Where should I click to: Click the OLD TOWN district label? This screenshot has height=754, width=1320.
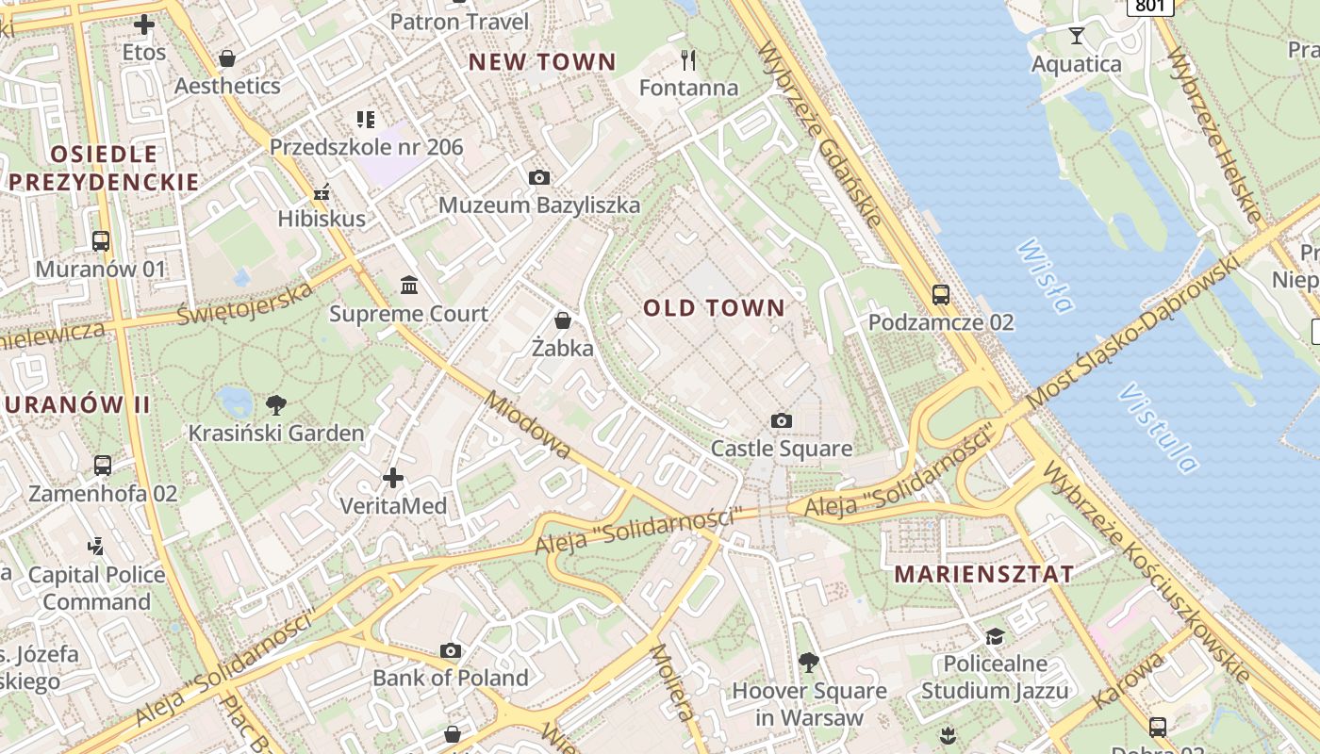pos(714,307)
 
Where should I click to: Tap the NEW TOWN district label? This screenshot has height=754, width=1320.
pos(542,62)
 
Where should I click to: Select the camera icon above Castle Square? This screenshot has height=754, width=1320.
pos(781,420)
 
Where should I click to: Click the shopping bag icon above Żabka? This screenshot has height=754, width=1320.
pos(563,320)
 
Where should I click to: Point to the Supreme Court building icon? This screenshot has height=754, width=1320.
pos(409,285)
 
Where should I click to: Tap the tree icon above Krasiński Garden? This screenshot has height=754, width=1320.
pos(276,405)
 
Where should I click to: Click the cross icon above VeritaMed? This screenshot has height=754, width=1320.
pos(393,478)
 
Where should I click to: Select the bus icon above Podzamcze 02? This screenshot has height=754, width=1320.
pos(940,294)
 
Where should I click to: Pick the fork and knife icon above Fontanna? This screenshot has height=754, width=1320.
pos(688,60)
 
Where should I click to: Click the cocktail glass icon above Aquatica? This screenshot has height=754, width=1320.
pos(1077,36)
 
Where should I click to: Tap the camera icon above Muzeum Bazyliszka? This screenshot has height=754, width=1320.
pos(539,177)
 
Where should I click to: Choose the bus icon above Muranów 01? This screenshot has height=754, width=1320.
pos(101,240)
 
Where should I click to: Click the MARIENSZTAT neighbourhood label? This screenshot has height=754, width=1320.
pos(983,574)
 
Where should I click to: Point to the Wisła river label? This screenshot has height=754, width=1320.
pos(1046,275)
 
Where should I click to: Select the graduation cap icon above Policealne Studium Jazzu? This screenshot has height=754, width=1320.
pos(995,636)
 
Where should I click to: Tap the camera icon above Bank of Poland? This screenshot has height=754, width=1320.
pos(451,650)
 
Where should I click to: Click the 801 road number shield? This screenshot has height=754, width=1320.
pos(1149,6)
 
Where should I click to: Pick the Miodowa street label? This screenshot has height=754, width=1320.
pos(528,425)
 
